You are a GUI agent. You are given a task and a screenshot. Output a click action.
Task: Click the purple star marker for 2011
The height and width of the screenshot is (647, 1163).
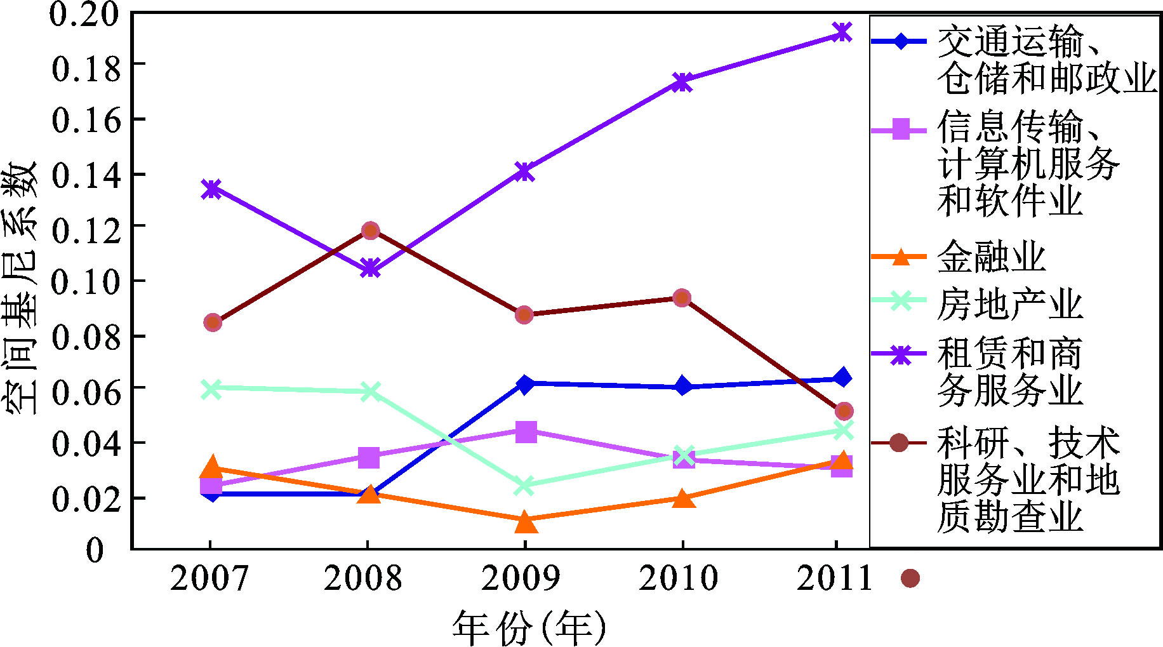[x=842, y=32]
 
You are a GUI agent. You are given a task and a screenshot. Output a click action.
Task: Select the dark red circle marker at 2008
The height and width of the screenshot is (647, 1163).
[x=371, y=230]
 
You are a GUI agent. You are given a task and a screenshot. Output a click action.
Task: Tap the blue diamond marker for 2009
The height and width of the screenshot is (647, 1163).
[x=525, y=384]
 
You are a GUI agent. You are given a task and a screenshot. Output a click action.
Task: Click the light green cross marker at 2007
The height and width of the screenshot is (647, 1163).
[x=211, y=389]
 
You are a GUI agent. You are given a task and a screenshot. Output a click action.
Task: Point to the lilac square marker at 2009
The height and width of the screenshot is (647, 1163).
[x=526, y=432]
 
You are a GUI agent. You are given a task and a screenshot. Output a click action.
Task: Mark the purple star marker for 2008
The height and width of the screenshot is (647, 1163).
[x=371, y=268]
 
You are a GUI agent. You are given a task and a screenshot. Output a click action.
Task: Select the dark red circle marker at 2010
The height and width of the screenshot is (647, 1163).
[x=682, y=298]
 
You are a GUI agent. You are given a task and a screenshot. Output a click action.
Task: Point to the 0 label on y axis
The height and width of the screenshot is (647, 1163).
[x=95, y=550]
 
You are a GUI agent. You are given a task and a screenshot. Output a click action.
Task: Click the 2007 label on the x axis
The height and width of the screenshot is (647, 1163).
[x=209, y=578]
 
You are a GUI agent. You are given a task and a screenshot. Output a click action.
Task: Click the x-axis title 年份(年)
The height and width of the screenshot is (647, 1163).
[x=529, y=628]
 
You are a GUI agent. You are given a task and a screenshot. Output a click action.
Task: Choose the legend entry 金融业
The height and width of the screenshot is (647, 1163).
[x=991, y=257]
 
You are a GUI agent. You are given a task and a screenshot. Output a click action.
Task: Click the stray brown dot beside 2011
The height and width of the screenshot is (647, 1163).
[x=910, y=578]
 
